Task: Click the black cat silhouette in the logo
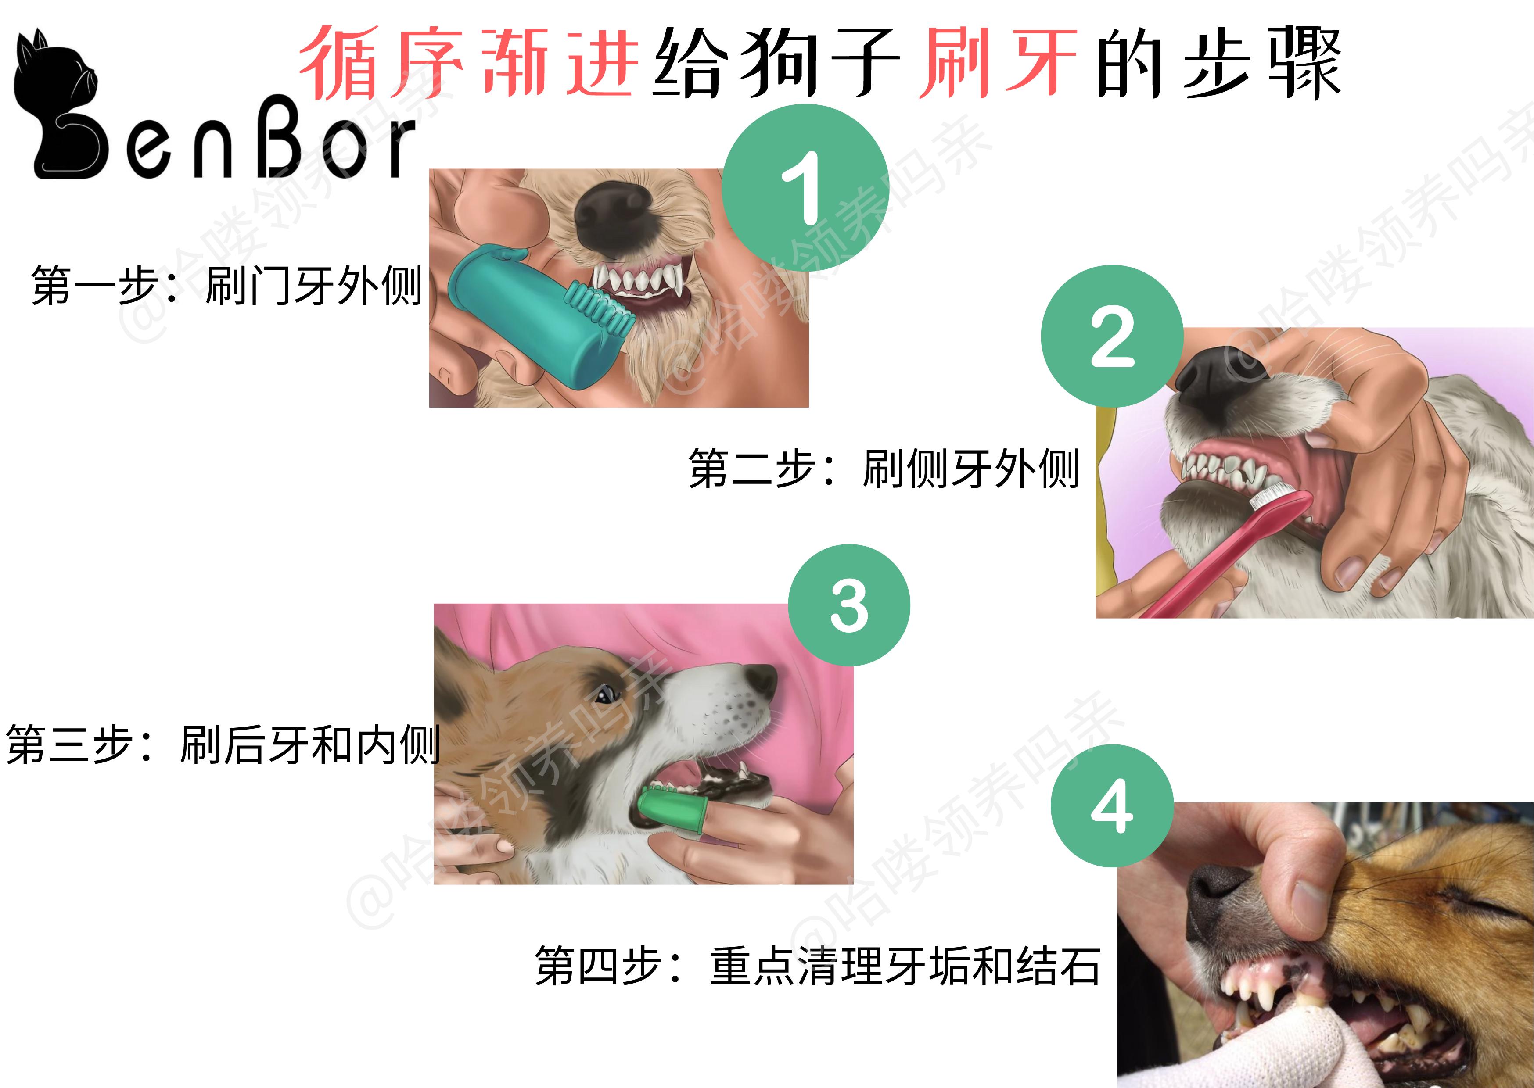pos(57,107)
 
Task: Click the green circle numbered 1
pos(805,188)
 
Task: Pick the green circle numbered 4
pos(1112,806)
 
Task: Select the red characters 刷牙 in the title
pos(997,64)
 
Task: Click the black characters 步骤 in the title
pos(1260,64)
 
